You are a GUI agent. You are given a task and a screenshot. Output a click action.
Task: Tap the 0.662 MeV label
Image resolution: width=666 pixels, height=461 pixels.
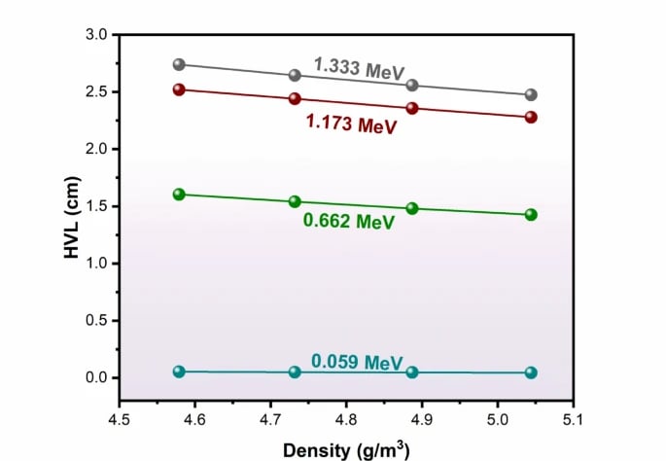[349, 222]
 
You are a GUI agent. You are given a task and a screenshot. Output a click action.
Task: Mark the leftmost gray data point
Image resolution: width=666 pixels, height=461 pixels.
[179, 64]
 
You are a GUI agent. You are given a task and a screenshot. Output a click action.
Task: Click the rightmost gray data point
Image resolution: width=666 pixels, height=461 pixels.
[531, 95]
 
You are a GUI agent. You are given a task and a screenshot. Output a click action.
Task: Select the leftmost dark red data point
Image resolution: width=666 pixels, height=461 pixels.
[179, 89]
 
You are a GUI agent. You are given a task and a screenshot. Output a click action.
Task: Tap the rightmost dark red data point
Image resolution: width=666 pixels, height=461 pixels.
[531, 117]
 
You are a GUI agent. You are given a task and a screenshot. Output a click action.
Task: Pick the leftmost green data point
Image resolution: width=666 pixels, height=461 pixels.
[179, 195]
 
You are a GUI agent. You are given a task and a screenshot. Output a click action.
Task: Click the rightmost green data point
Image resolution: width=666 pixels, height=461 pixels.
[531, 214]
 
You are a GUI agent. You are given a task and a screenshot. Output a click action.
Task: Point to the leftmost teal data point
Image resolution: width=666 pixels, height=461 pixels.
[179, 372]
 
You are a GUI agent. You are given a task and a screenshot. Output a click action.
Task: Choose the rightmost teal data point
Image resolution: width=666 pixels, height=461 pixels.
[531, 372]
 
